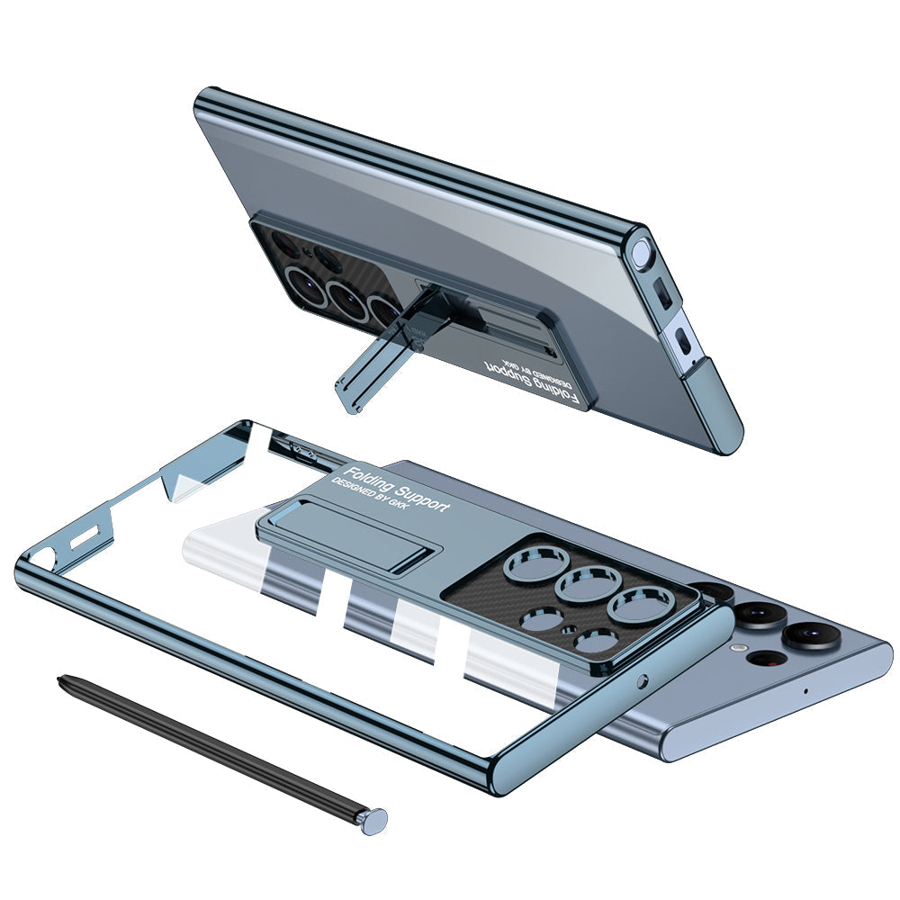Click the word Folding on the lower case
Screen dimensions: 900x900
[x=365, y=479]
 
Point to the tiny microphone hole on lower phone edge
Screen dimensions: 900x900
[x=805, y=691]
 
